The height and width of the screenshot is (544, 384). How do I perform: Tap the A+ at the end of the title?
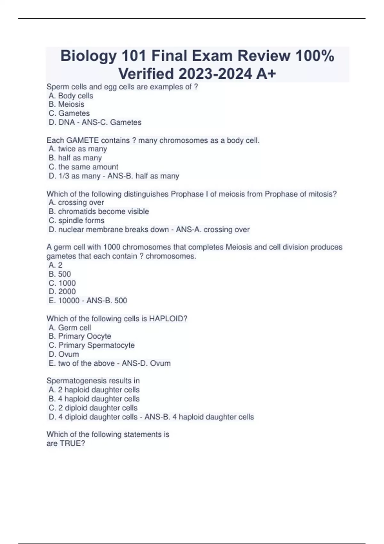(x=266, y=74)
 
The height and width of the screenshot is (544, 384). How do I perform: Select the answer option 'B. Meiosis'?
(x=67, y=104)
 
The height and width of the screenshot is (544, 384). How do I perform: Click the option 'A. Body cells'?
(x=71, y=96)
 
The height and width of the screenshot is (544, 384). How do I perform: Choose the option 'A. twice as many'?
(x=78, y=149)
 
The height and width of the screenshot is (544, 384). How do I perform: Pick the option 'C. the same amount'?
(x=84, y=167)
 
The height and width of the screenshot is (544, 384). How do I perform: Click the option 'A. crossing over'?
(x=76, y=203)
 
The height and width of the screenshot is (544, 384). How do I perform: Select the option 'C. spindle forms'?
(x=76, y=220)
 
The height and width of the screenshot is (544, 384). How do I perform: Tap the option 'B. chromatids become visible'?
(x=99, y=212)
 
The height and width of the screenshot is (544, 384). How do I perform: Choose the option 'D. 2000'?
(x=62, y=292)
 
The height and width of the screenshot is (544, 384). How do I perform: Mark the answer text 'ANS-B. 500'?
(x=107, y=301)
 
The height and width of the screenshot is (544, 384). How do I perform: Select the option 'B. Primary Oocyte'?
(x=80, y=336)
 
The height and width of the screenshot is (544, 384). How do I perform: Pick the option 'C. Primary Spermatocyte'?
(x=92, y=345)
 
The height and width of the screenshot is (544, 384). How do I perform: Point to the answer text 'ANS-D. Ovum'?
(x=146, y=364)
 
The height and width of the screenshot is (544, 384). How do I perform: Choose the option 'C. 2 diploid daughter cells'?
(x=93, y=408)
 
